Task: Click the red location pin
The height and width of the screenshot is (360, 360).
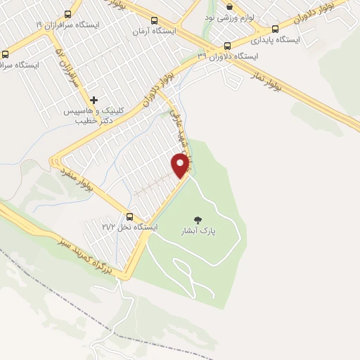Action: pyautogui.click(x=181, y=165)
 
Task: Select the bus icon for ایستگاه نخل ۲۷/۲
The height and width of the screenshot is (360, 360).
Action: pyautogui.click(x=129, y=216)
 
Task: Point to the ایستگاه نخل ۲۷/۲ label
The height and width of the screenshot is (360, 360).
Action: pyautogui.click(x=130, y=227)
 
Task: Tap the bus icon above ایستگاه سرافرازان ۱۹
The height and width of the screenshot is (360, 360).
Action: pyautogui.click(x=68, y=14)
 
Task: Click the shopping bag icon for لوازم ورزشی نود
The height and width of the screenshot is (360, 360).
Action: pyautogui.click(x=229, y=6)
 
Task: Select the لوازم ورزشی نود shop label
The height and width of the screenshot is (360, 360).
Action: pyautogui.click(x=230, y=16)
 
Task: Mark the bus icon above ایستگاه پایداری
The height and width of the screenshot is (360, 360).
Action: pyautogui.click(x=275, y=30)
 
